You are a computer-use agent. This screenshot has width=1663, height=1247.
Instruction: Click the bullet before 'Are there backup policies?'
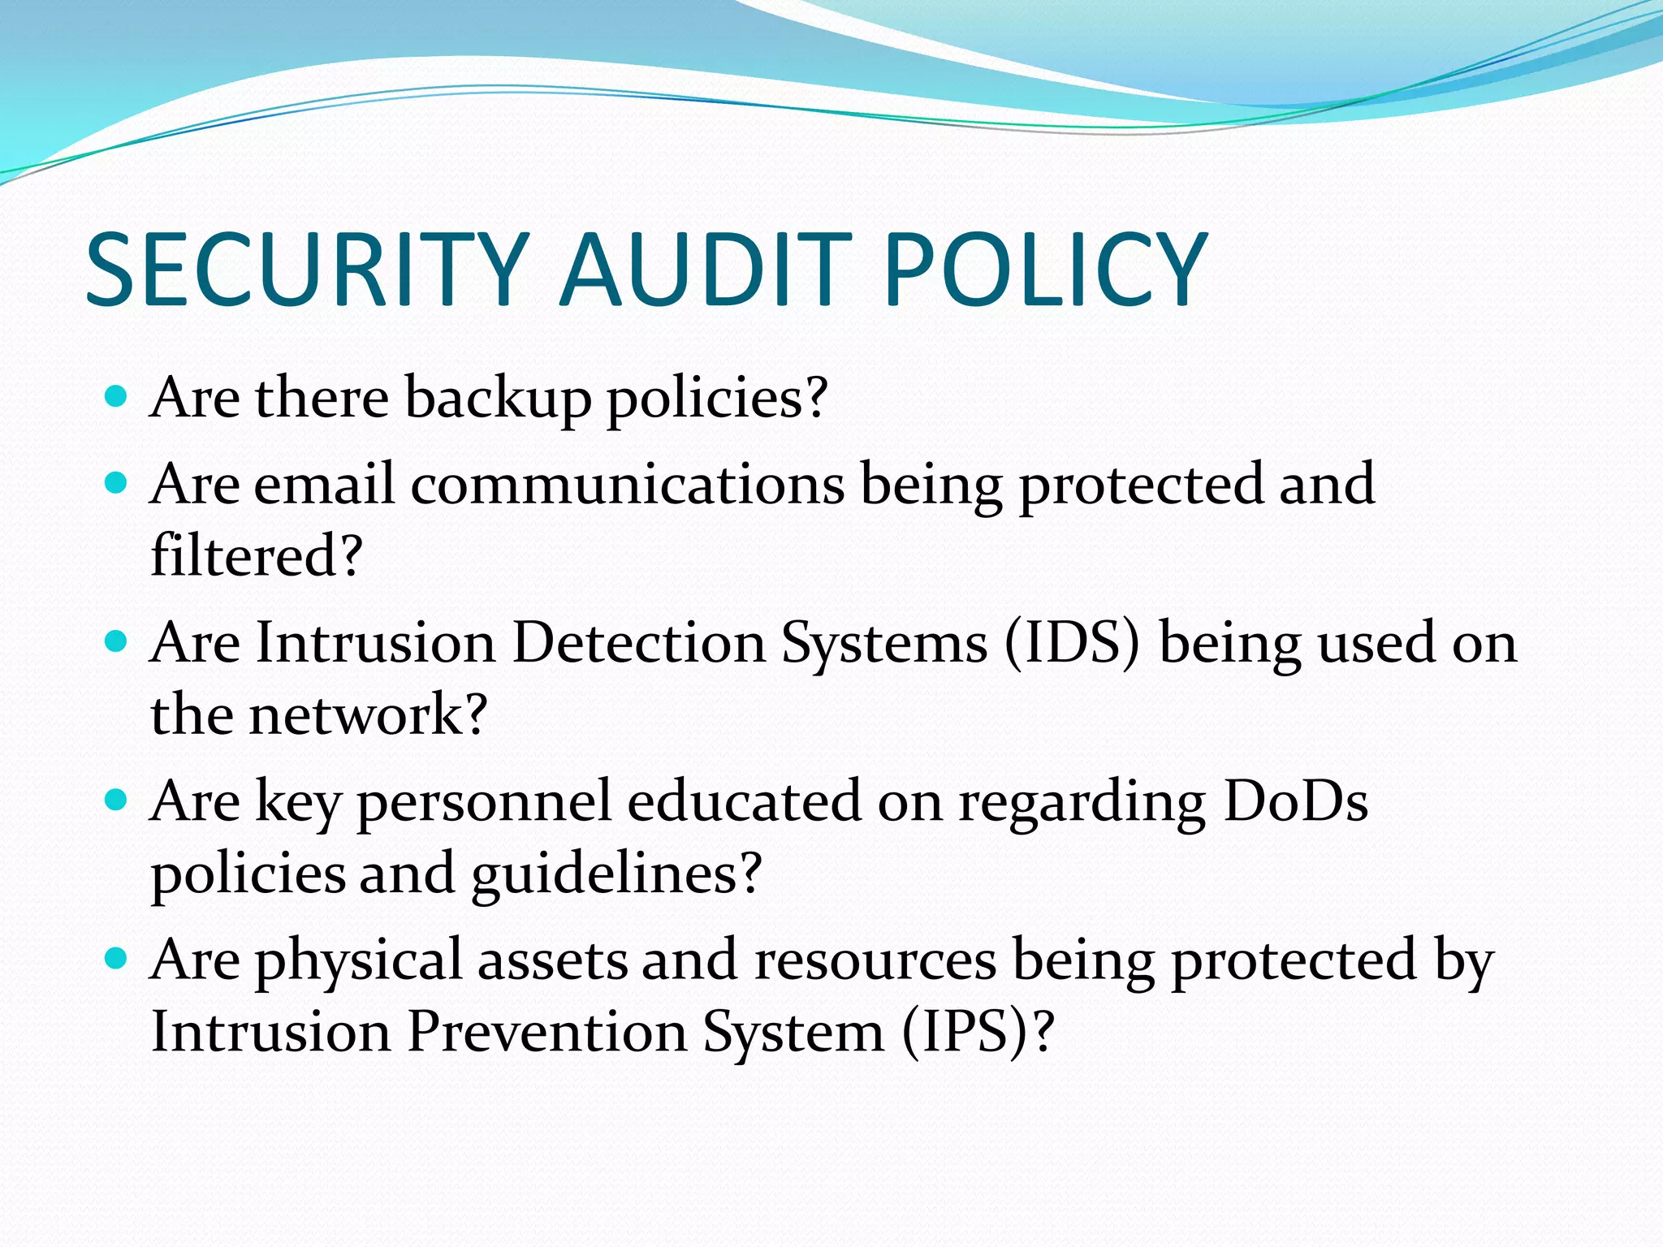[x=117, y=397]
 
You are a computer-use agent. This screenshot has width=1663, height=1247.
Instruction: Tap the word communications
[x=628, y=485]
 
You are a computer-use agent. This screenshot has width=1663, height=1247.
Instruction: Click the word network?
[x=368, y=715]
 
